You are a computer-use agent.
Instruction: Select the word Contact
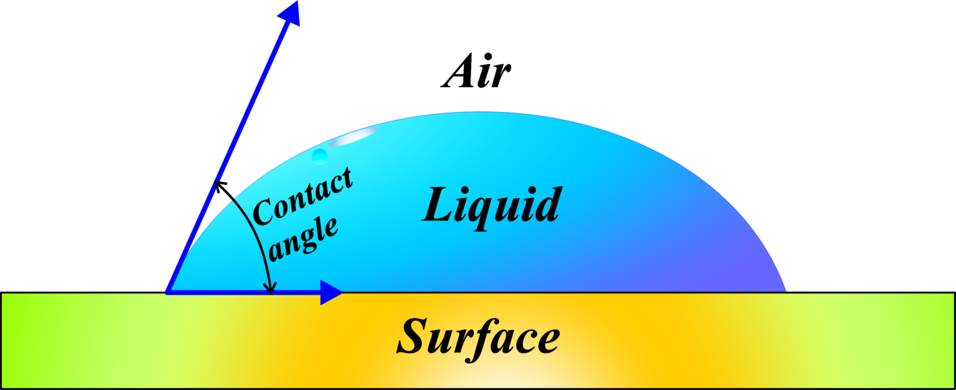[x=303, y=197]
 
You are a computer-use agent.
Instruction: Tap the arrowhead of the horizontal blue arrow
[x=330, y=292]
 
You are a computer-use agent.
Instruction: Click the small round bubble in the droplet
[x=320, y=156]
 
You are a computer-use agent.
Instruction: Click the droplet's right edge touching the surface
[x=785, y=290]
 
